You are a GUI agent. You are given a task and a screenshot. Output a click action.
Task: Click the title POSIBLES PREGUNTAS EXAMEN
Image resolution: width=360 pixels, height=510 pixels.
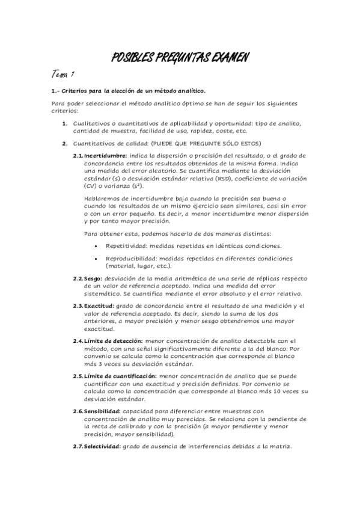[x=180, y=58]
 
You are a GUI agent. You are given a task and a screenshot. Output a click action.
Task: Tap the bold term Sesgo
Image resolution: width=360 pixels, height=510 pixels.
[x=93, y=279]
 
